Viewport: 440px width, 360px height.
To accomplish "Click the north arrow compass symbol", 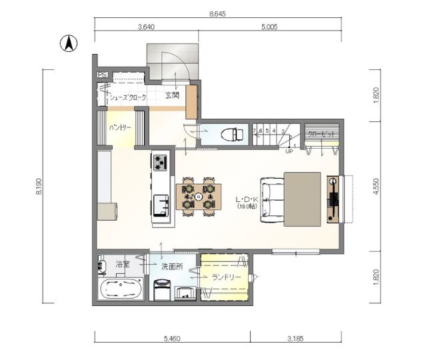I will click(68, 44).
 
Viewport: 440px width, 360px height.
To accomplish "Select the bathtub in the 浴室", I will click(121, 291).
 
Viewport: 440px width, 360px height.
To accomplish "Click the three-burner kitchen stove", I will click(161, 161).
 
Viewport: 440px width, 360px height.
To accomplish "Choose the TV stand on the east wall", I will click(333, 199).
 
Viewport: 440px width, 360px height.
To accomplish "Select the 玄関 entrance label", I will click(172, 95).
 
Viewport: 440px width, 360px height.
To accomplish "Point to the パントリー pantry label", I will click(120, 127).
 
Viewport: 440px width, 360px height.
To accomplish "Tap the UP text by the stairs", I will click(289, 151).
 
